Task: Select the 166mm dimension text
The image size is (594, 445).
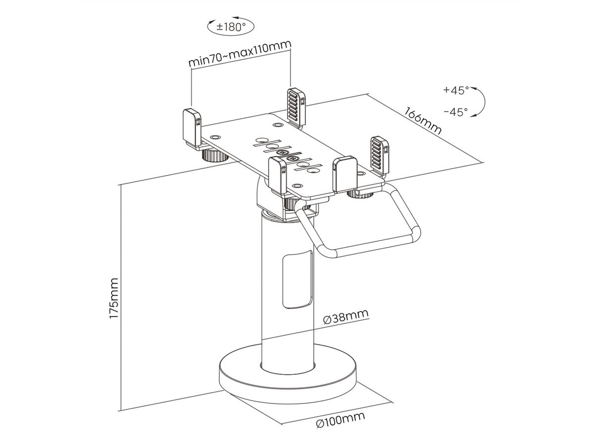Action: click(x=423, y=120)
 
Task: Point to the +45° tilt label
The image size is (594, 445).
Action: click(x=455, y=90)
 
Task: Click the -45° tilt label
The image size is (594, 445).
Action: click(x=455, y=112)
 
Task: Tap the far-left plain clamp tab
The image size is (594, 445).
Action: click(x=192, y=127)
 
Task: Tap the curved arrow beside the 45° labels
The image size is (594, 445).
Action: click(x=479, y=101)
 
